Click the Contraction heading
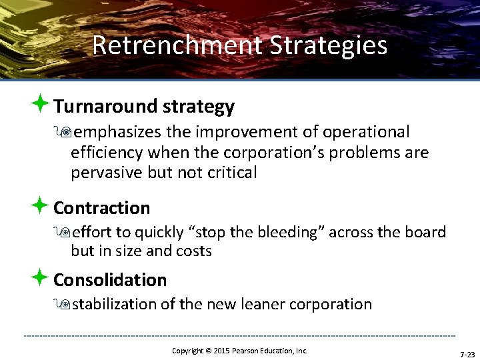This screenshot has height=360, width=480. (101, 208)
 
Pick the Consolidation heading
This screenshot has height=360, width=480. (110, 280)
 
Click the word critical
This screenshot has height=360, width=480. (231, 173)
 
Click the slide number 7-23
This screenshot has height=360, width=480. (467, 353)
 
